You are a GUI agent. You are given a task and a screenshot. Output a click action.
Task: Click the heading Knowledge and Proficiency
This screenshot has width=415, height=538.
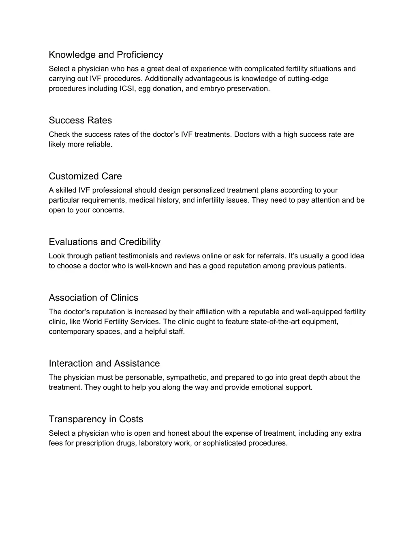[x=106, y=55]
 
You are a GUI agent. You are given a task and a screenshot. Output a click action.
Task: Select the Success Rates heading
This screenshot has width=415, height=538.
[x=80, y=121]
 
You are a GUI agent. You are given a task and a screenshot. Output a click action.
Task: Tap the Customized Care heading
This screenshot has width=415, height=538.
[x=85, y=176]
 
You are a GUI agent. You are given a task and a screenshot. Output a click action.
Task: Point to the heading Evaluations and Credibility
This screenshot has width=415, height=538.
[x=105, y=242]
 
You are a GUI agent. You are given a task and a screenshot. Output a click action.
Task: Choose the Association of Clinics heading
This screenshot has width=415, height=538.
[x=93, y=298]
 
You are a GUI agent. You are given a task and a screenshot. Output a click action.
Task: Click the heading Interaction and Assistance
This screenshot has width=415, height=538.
[x=104, y=363]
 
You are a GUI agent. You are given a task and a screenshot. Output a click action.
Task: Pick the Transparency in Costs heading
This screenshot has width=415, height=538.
[x=96, y=419]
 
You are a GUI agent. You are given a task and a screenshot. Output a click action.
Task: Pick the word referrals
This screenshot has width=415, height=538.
[x=271, y=256]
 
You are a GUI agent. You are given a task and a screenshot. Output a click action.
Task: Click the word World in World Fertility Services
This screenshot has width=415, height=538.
[x=92, y=322]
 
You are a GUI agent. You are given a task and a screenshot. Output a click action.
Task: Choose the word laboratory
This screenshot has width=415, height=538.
[x=154, y=443]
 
